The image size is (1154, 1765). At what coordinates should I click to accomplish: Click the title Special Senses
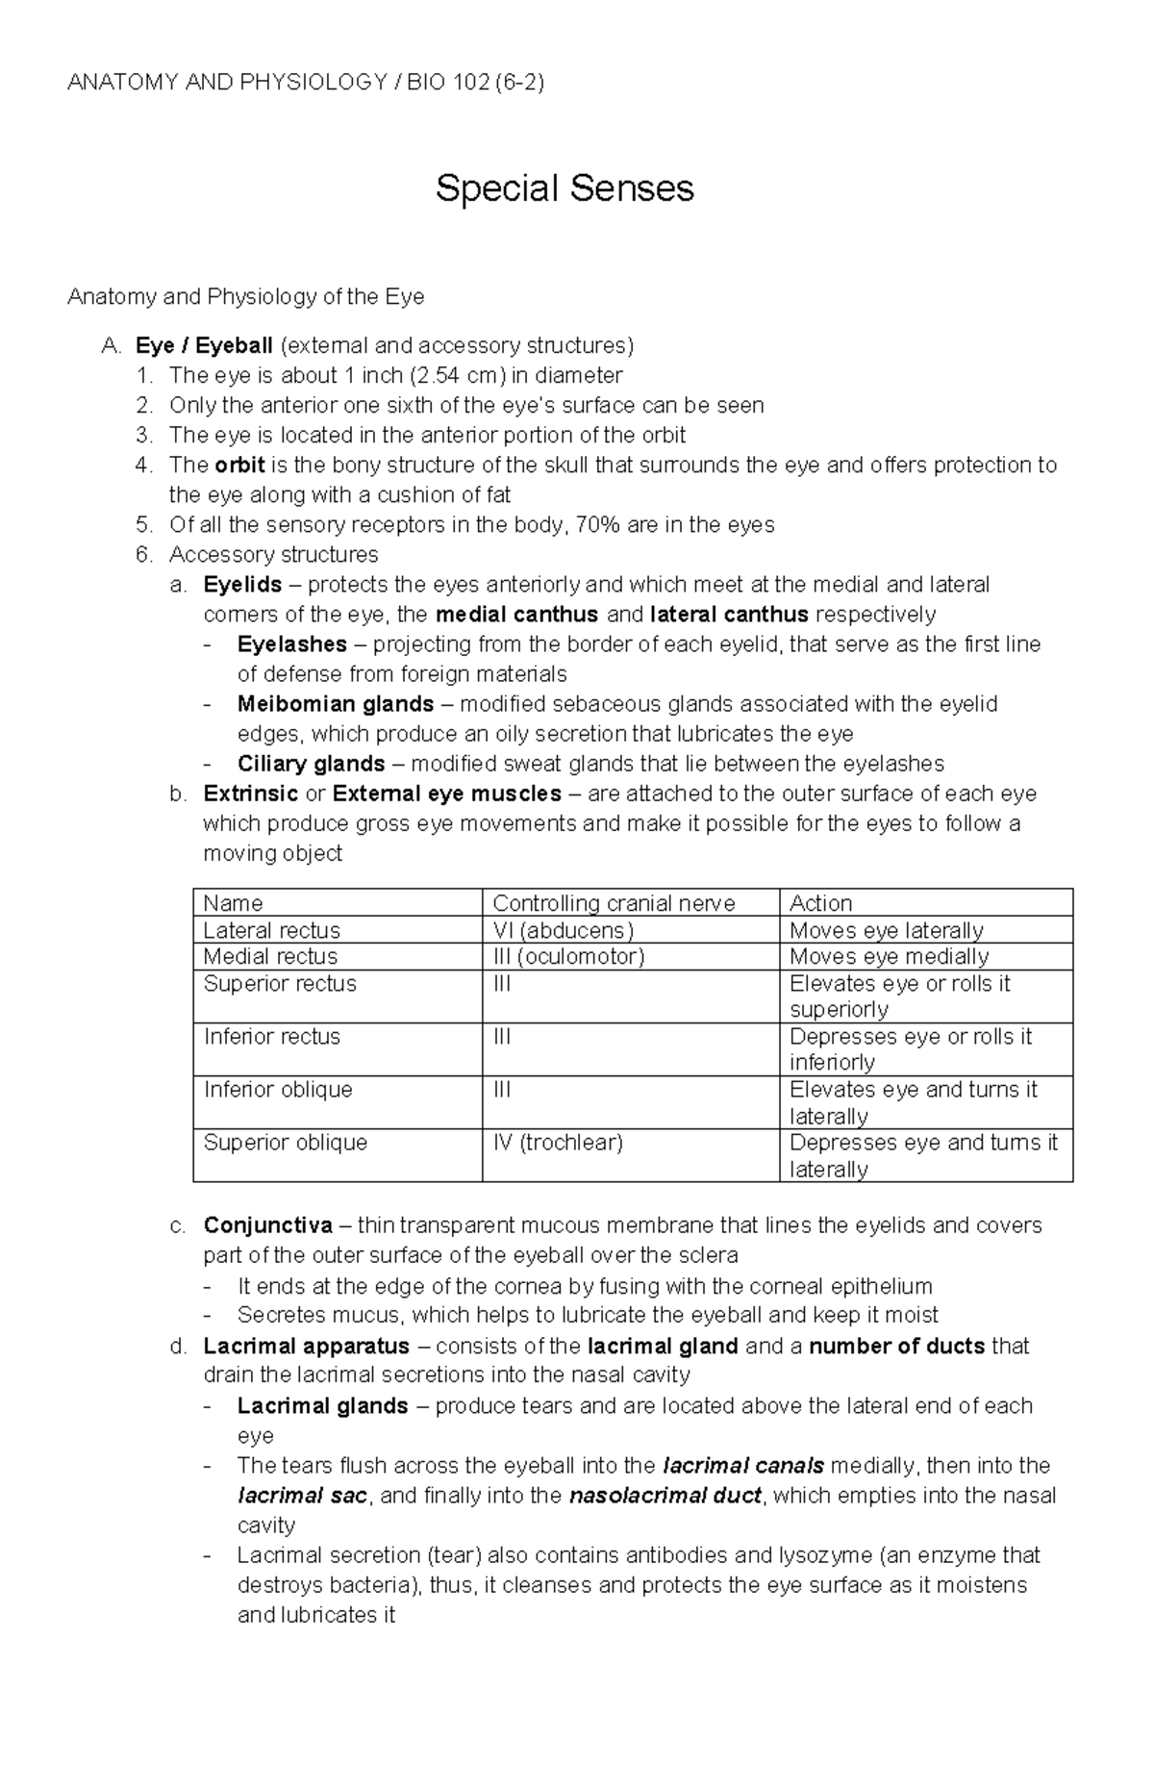pyautogui.click(x=564, y=188)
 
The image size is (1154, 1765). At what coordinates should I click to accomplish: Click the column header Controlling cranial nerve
pyautogui.click(x=614, y=903)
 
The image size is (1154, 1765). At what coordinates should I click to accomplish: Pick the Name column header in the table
pyautogui.click(x=233, y=903)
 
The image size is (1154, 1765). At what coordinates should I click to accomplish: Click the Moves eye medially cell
pyautogui.click(x=889, y=956)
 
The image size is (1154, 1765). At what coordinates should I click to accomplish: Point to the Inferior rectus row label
pyautogui.click(x=271, y=1036)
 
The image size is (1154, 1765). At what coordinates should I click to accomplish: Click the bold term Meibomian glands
pyautogui.click(x=335, y=704)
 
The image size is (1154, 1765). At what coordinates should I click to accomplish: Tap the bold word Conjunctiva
pyautogui.click(x=267, y=1225)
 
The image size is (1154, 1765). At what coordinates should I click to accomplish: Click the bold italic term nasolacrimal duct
pyautogui.click(x=665, y=1496)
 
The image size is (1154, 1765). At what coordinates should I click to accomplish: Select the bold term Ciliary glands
pyautogui.click(x=311, y=764)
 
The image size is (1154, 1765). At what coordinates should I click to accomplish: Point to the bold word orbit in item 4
pyautogui.click(x=239, y=466)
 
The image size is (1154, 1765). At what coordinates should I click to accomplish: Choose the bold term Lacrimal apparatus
pyautogui.click(x=306, y=1346)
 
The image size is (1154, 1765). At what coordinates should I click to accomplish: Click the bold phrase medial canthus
pyautogui.click(x=516, y=615)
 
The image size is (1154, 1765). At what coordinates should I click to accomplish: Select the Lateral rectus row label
pyautogui.click(x=271, y=930)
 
